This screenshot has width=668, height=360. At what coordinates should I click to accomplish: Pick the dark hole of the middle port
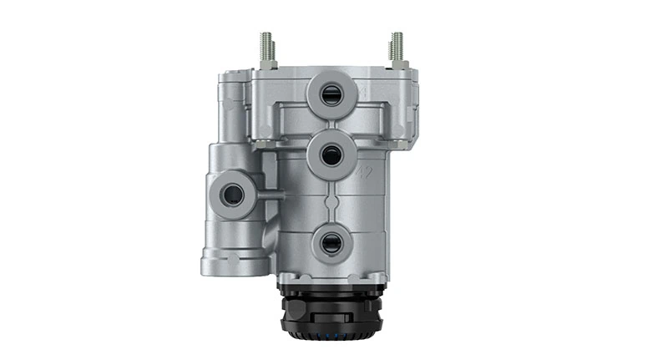331,155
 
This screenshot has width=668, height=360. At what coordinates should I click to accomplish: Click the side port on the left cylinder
231,195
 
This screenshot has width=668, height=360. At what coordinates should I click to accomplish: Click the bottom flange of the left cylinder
235,266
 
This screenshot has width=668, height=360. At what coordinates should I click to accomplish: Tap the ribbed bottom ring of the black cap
332,339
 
